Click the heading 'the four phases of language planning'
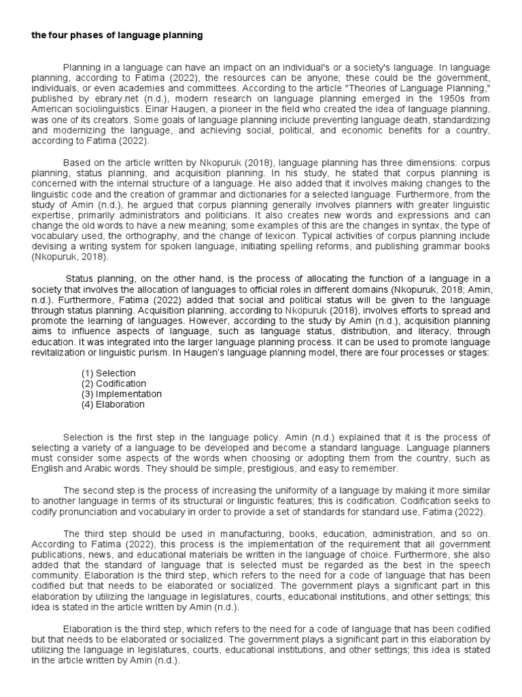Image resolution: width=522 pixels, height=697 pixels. coord(117,35)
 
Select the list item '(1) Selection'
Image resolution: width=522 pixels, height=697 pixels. coord(109,373)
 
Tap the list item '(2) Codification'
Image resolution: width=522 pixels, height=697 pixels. coord(113,383)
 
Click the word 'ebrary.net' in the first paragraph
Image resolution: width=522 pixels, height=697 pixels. coord(99,99)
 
